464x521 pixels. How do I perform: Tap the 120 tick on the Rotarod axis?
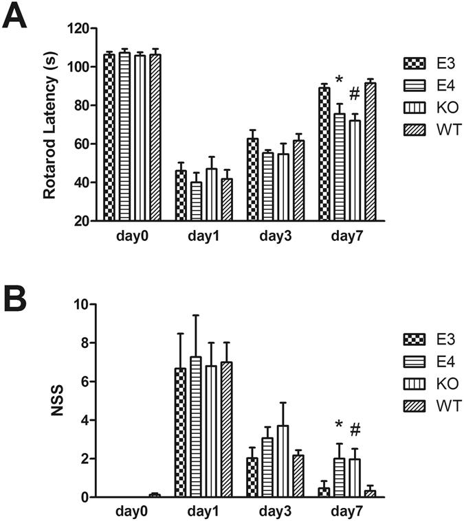pyautogui.click(x=82, y=28)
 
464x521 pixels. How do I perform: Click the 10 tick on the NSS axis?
pyautogui.click(x=85, y=304)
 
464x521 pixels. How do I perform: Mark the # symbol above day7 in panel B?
pyautogui.click(x=355, y=430)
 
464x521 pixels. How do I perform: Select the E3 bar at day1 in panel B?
pyautogui.click(x=180, y=432)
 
